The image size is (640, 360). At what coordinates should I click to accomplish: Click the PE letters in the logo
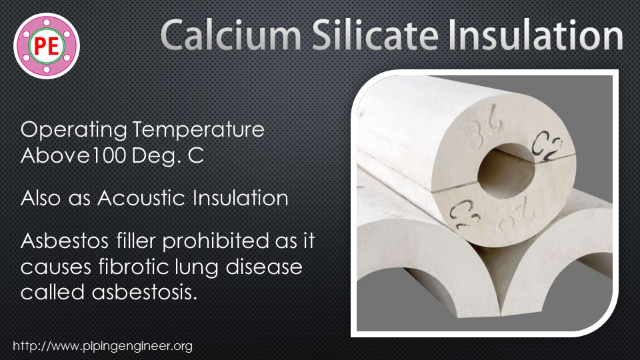pyautogui.click(x=47, y=46)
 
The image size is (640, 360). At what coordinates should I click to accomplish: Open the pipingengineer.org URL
pyautogui.click(x=103, y=347)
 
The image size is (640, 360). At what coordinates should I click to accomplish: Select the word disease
pyautogui.click(x=271, y=267)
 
